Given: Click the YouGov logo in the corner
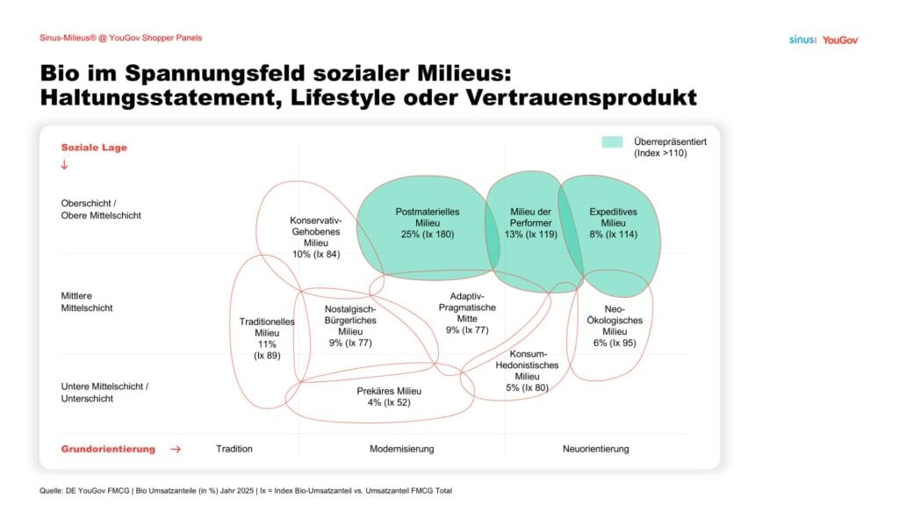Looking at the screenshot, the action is (x=840, y=40).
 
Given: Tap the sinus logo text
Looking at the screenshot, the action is (x=802, y=40).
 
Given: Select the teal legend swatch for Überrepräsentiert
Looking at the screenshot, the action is (x=612, y=141).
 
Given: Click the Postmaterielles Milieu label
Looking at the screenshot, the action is (x=428, y=222).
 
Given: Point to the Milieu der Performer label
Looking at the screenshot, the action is (x=531, y=222).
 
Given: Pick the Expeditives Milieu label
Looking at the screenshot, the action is (x=613, y=222).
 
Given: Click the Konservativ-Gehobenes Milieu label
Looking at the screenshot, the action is (x=316, y=237).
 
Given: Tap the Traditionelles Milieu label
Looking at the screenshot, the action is (x=267, y=338).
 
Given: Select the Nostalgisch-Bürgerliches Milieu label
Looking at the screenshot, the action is (x=350, y=326).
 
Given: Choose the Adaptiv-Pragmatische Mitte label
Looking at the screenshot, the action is (x=467, y=313).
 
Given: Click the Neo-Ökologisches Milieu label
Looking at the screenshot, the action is (x=615, y=326).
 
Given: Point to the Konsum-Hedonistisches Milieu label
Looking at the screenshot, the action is (x=527, y=371).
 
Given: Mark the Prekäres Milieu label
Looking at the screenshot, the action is (x=389, y=396).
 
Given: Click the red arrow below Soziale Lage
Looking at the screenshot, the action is (x=64, y=164).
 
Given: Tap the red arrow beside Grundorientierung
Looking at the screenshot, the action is (x=176, y=449).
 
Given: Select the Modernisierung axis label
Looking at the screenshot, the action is (x=401, y=449).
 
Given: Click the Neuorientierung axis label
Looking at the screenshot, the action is (x=596, y=449).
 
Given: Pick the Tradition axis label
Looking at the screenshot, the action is (x=234, y=449).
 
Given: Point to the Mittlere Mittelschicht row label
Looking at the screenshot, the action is (x=87, y=302).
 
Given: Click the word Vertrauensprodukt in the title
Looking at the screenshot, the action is (x=581, y=98).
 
